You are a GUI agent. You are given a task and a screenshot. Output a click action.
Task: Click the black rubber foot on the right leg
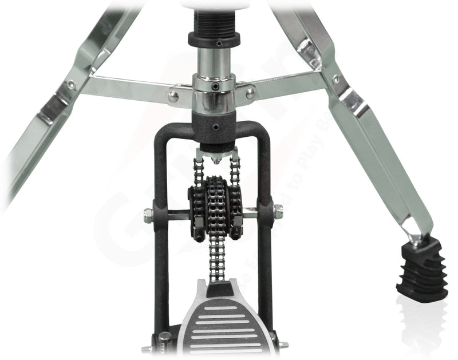pos(423,268)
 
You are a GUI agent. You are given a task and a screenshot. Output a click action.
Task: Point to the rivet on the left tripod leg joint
pos(71,84)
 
